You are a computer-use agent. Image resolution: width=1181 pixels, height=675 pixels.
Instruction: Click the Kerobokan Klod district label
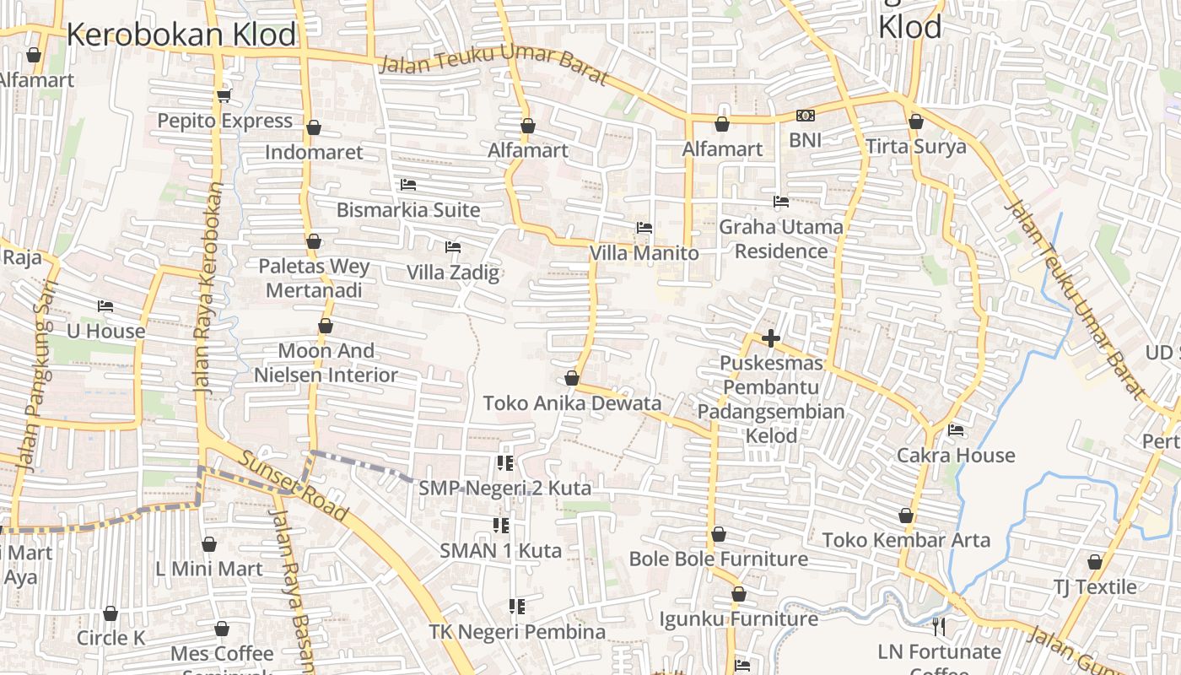point(181,35)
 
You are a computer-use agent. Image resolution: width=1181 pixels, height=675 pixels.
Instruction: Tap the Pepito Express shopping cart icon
point(224,95)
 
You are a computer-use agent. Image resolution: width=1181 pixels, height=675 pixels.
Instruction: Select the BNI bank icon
point(805,116)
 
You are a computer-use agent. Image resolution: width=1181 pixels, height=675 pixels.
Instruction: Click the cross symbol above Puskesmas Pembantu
point(770,338)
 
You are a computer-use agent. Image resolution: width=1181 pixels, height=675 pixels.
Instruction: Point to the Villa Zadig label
point(453,273)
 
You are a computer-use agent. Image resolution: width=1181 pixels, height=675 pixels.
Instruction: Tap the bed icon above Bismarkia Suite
point(408,184)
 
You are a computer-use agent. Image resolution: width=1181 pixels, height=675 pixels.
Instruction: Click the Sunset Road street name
point(294,486)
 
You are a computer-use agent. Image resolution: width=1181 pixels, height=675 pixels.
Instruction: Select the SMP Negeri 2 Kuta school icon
point(504,462)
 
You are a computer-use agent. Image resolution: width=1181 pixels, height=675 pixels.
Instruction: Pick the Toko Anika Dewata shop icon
point(572,378)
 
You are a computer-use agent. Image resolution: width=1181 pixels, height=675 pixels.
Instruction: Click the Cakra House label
point(956,456)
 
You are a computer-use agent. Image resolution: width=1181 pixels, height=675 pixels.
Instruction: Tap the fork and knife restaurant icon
point(939,626)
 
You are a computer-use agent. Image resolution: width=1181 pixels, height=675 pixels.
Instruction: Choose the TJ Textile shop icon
point(1095,562)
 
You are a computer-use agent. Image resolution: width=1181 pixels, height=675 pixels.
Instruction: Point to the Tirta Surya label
point(916,146)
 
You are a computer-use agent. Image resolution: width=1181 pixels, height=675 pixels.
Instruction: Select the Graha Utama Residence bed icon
point(781,202)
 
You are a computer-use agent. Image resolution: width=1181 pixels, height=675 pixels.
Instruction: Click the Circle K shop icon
point(111,613)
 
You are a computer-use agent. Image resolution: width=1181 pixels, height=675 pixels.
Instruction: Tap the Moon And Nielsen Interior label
point(326,363)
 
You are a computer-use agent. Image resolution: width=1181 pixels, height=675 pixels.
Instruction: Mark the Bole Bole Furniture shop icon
point(718,534)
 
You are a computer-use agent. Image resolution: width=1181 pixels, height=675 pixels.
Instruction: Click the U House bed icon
point(105,306)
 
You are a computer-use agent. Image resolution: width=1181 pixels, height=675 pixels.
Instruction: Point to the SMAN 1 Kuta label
point(500,551)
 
